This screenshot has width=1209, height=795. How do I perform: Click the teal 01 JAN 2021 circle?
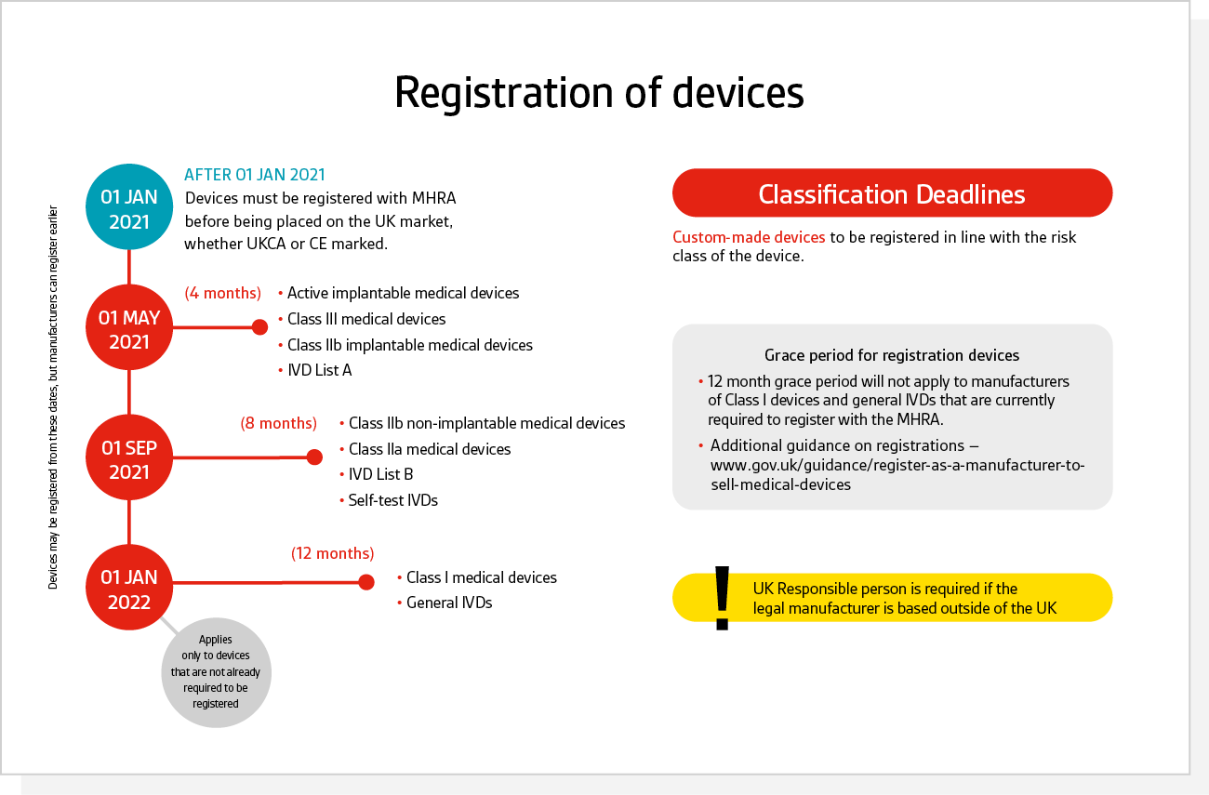point(129,206)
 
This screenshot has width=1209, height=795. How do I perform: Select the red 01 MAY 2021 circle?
point(129,327)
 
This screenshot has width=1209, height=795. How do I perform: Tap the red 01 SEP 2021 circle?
point(129,457)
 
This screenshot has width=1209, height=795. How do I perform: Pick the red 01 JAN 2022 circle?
point(129,588)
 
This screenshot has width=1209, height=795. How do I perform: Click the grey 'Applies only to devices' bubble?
point(216,672)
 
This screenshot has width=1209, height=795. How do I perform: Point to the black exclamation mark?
point(723,598)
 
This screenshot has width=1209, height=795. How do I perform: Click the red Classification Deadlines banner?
point(892,193)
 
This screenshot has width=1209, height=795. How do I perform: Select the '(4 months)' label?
point(223,293)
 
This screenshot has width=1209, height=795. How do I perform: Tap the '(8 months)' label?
point(278,423)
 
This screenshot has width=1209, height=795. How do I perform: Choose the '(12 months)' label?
point(333,553)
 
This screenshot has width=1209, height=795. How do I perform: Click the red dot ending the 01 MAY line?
point(260,327)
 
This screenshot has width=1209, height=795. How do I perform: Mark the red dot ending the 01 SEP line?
point(314,457)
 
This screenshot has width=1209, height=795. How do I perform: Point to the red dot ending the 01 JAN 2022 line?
point(366,582)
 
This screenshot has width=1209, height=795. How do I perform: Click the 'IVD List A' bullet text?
point(320,370)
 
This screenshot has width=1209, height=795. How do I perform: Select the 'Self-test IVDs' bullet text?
point(392,500)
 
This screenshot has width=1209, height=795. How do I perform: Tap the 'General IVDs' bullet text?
point(449,603)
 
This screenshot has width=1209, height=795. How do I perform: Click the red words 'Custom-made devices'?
point(749,237)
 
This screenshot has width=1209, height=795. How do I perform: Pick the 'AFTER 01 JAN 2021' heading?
point(255,175)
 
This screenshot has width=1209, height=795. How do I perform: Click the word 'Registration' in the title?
point(504,93)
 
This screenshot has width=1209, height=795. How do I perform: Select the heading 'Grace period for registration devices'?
point(892,355)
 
